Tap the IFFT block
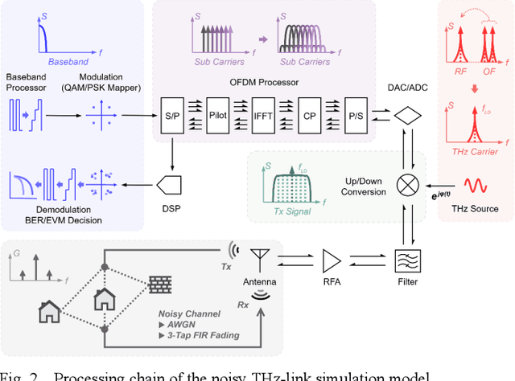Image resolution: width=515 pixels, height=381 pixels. [x=263, y=117]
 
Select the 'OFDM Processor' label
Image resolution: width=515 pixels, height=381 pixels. [x=263, y=80]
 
